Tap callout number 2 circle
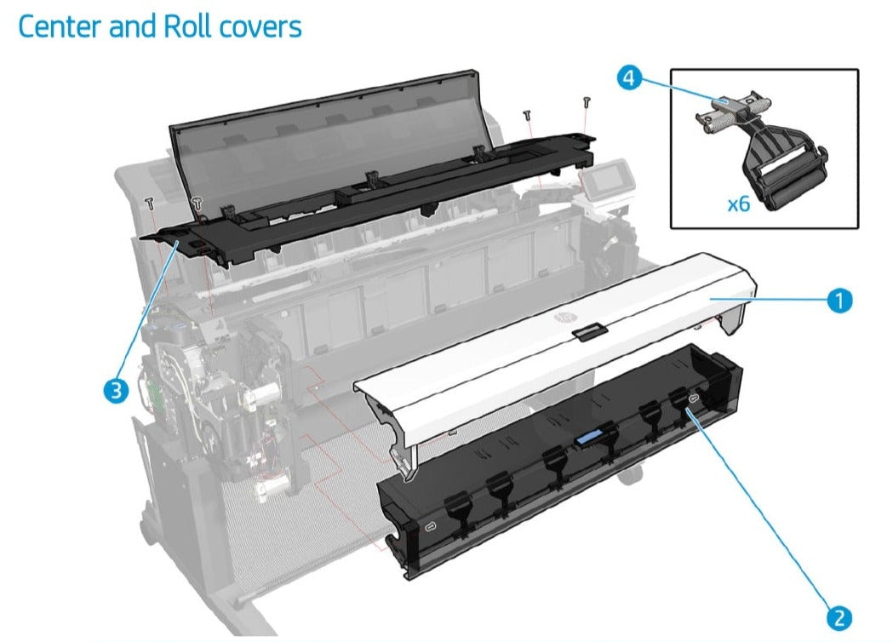(839, 616)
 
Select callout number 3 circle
(115, 390)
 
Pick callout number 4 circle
(628, 79)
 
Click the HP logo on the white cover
(563, 317)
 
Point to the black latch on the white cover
(587, 332)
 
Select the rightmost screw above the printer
(587, 102)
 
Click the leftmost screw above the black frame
(151, 203)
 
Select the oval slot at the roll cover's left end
(429, 528)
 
